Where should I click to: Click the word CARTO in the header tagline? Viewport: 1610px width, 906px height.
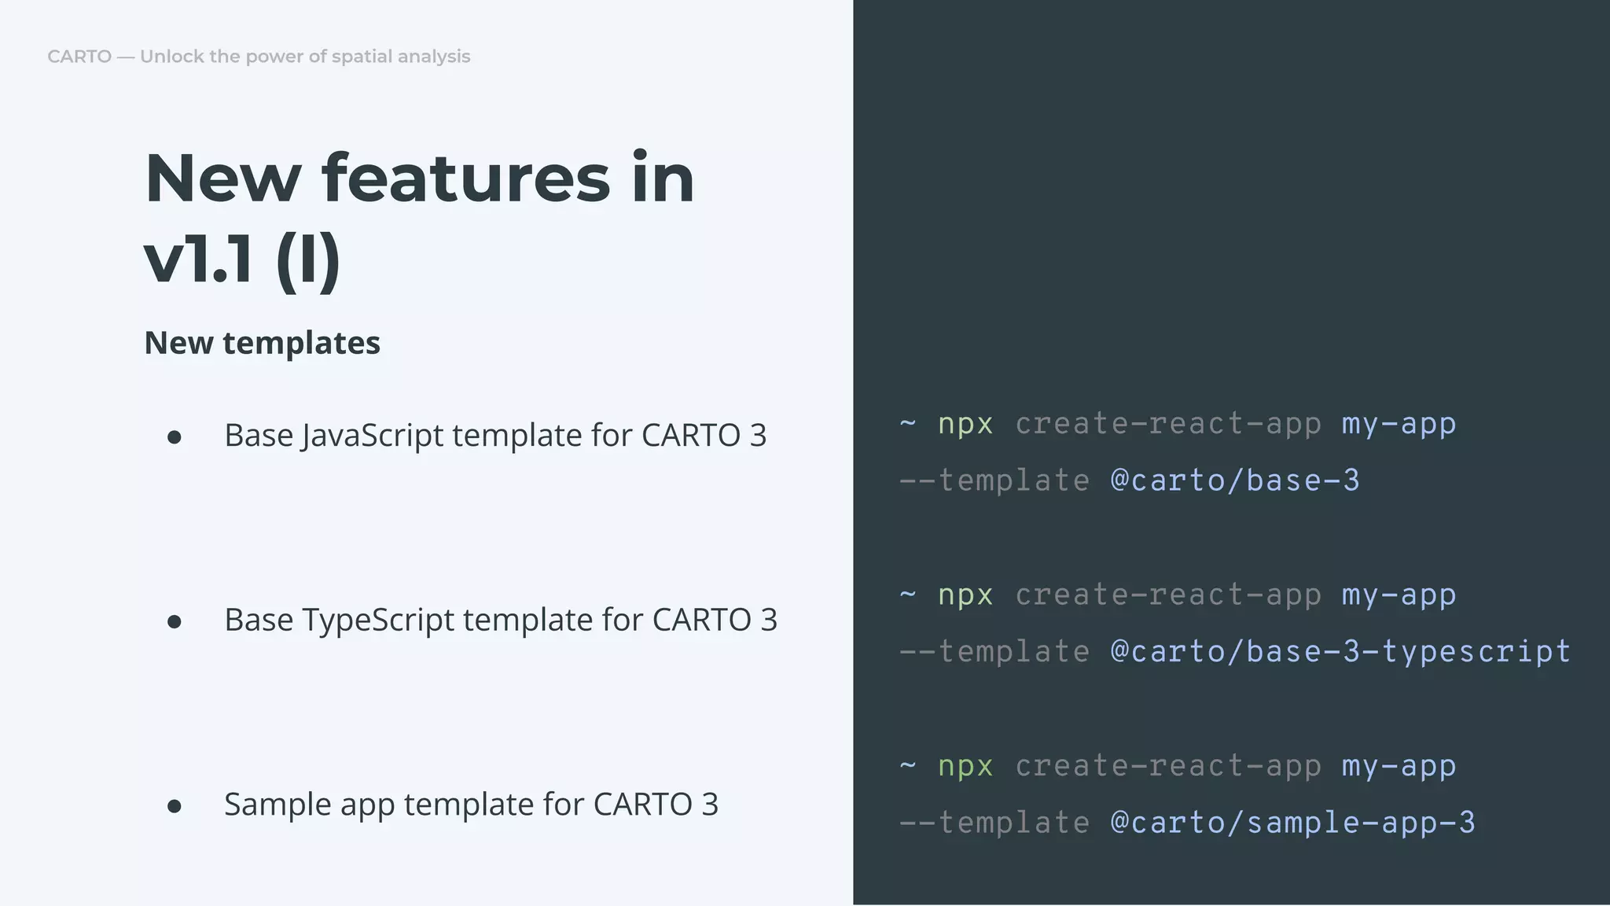click(x=79, y=57)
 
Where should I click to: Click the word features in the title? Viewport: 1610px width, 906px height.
click(x=465, y=179)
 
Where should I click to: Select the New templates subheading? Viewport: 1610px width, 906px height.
click(x=262, y=343)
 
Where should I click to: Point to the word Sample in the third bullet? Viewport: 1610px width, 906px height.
click(x=270, y=805)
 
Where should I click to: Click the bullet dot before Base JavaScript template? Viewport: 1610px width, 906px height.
click(x=175, y=437)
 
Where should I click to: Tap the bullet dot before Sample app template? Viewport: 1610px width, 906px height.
click(x=175, y=806)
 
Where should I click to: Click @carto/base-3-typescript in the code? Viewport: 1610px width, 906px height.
click(x=1340, y=652)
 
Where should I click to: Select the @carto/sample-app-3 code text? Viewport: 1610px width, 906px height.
click(x=1292, y=823)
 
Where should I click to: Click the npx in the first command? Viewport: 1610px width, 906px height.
click(x=965, y=424)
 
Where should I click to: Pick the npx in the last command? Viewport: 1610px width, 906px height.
click(x=965, y=766)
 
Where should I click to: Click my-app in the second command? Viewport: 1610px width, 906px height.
click(x=1399, y=595)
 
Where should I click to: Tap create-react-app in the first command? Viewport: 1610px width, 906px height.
click(x=1167, y=424)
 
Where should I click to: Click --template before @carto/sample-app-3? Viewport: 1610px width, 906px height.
click(x=994, y=823)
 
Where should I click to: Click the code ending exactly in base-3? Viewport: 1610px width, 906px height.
click(x=1234, y=481)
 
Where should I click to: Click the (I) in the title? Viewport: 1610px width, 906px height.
click(x=308, y=261)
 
